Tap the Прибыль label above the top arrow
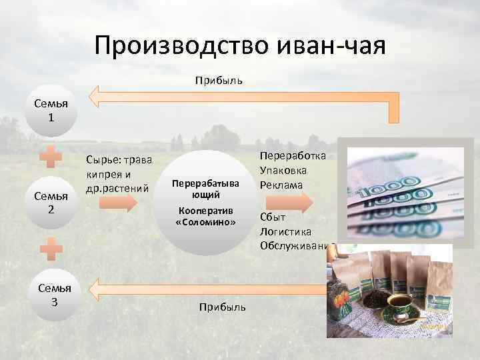219,80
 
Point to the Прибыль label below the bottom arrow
222,307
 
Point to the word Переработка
293,156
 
